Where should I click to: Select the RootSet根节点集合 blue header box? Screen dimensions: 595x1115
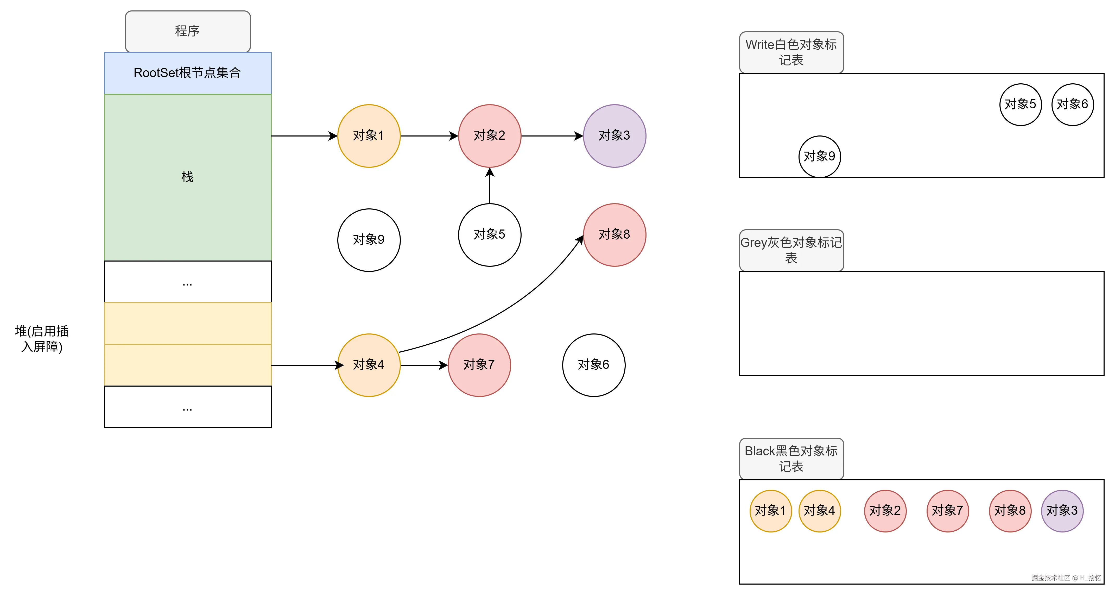click(x=187, y=73)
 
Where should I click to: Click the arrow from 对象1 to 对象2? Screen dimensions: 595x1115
click(x=428, y=136)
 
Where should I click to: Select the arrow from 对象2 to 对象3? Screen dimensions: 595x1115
click(x=552, y=136)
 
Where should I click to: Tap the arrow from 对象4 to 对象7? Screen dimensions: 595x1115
click(x=423, y=365)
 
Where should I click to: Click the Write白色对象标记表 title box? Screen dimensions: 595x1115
click(x=791, y=52)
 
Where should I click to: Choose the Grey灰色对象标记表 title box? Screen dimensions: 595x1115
click(x=791, y=250)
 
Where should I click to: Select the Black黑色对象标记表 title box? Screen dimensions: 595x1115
click(x=791, y=458)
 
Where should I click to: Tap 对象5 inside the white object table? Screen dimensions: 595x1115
click(x=1020, y=104)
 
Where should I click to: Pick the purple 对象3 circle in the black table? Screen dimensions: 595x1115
click(x=1062, y=511)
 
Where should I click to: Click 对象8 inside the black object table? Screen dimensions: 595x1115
click(x=1010, y=511)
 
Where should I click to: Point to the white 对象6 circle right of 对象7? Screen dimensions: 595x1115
click(x=593, y=365)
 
